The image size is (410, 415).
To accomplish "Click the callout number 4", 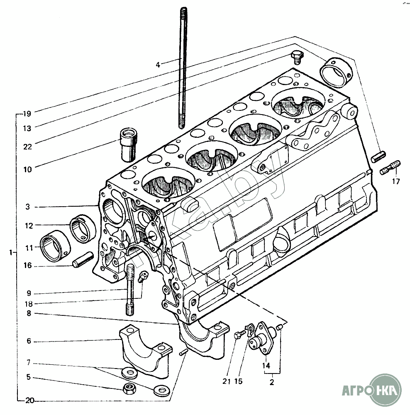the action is [158, 65].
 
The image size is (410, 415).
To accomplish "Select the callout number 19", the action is [27, 114].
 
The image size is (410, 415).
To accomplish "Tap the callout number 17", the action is [396, 182].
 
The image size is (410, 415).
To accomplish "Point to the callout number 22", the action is [27, 146].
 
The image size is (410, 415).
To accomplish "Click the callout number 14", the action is [266, 366].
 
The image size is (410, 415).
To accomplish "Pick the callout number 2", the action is [272, 382].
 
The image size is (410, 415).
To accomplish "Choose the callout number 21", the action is [226, 381].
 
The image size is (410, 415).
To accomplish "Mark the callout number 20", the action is [30, 401].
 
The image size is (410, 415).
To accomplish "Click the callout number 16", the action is [27, 266].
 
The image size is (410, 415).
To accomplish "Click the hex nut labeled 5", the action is [128, 388].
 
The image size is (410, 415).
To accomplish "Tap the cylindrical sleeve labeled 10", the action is [129, 144].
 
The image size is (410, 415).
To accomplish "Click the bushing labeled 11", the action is [55, 246].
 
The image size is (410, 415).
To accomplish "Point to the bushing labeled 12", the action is [83, 229].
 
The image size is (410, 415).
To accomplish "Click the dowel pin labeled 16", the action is [83, 260].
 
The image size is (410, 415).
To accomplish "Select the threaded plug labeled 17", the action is [390, 167].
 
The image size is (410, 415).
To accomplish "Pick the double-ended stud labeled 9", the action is [129, 289].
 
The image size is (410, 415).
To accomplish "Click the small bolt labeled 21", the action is [240, 334].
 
